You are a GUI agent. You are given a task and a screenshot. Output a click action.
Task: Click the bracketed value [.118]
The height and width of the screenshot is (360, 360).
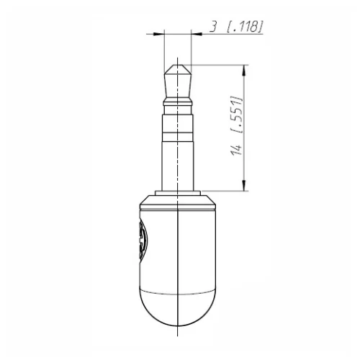245,27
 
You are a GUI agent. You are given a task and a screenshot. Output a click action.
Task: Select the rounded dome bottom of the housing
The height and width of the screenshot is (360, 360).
178,306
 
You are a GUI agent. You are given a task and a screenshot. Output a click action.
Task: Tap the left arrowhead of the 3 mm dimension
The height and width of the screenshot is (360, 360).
160,33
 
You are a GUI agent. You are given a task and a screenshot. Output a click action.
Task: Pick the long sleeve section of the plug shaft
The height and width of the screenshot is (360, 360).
178,162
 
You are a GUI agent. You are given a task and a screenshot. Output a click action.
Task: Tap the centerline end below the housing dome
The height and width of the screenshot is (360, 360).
178,333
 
